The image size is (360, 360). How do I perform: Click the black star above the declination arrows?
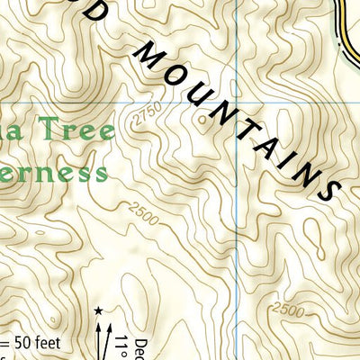[x=97, y=311]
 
